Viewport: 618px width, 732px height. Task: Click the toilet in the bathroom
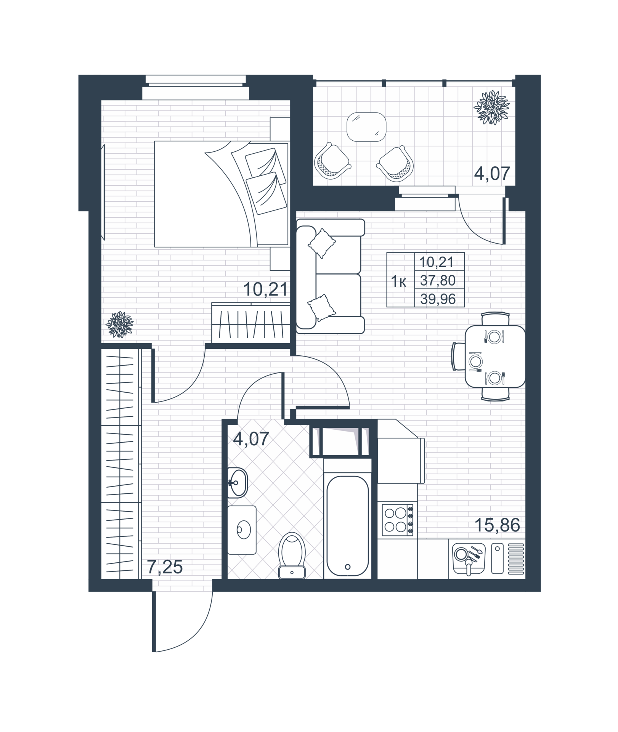click(292, 555)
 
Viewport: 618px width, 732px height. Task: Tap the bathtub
click(348, 526)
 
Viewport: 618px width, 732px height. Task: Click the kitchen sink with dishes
click(469, 559)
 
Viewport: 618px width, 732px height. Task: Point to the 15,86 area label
click(497, 526)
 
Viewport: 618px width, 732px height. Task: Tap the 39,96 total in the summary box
click(438, 299)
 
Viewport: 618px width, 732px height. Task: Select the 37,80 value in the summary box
click(438, 281)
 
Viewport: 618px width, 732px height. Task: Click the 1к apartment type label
click(399, 283)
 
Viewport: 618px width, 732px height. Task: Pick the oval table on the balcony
click(366, 127)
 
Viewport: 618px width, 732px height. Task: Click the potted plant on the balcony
click(491, 107)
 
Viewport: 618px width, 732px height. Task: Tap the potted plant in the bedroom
click(120, 324)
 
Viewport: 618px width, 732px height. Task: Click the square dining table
click(495, 356)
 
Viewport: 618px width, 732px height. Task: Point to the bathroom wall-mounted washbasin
click(237, 483)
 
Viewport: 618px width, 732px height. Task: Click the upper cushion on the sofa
click(322, 243)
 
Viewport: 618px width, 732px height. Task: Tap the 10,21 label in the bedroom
click(265, 290)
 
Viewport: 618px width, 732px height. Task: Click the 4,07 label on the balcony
click(492, 174)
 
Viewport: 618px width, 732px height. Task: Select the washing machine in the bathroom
click(242, 530)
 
